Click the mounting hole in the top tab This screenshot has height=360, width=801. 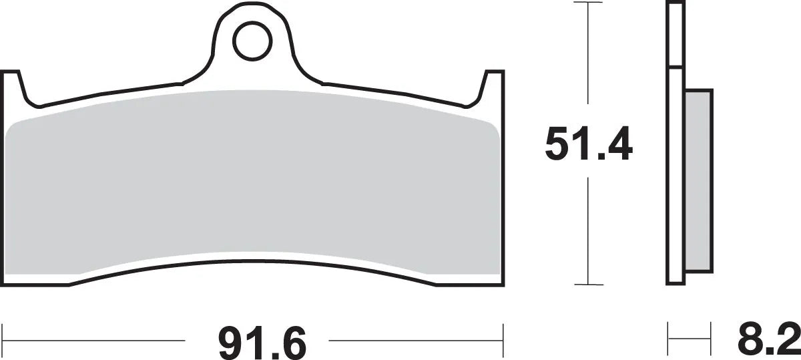click(x=250, y=40)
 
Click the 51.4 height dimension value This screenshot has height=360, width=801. click(x=588, y=144)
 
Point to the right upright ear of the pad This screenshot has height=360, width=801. click(x=493, y=87)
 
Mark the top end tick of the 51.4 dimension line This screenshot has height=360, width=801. click(x=587, y=3)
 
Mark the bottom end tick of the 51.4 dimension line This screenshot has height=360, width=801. click(x=587, y=285)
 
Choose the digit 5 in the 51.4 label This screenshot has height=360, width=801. click(x=559, y=144)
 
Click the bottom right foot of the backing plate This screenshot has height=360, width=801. click(x=471, y=278)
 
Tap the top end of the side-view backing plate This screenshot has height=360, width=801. click(x=675, y=5)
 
